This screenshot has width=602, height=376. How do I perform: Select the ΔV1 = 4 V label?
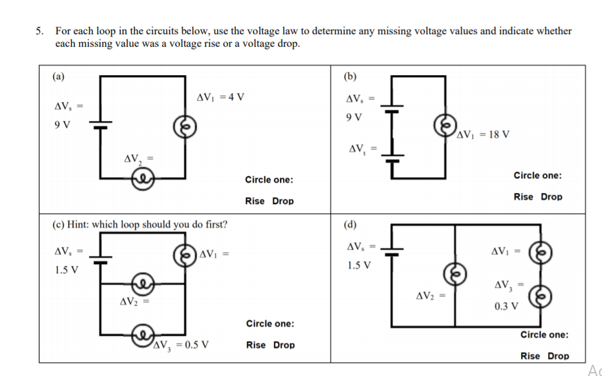point(220,97)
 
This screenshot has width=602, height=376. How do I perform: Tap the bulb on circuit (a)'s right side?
point(184,126)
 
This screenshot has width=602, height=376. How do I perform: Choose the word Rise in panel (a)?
point(254,201)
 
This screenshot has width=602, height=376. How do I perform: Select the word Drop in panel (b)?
point(551,196)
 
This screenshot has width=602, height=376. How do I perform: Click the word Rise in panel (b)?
point(524,196)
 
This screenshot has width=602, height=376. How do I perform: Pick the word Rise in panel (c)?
point(256,344)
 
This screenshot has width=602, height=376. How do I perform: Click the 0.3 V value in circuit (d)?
point(506,306)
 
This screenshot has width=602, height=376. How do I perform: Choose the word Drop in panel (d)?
point(558,356)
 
